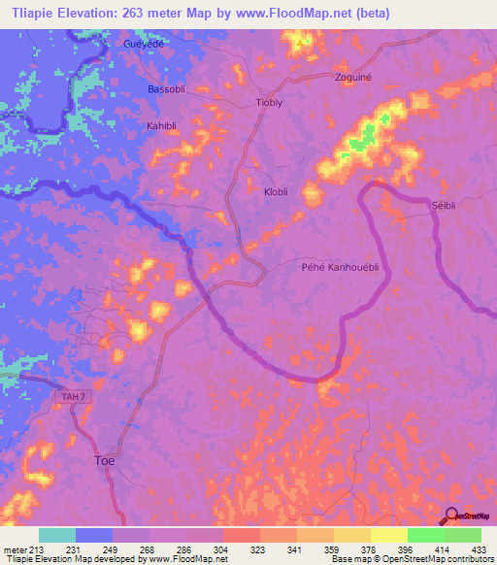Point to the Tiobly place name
tap(269, 102)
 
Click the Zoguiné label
tap(353, 77)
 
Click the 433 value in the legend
tap(478, 549)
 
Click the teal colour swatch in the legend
tap(57, 535)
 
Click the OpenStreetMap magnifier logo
tap(450, 515)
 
